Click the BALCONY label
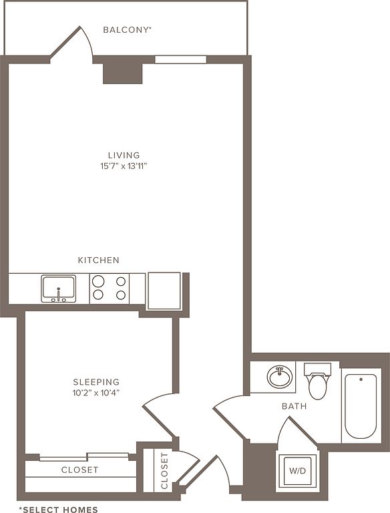[128, 30]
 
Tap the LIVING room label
[124, 155]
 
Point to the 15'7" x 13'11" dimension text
[124, 166]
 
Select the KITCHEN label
[98, 260]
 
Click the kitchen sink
[59, 289]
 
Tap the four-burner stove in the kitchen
[110, 289]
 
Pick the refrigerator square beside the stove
[164, 291]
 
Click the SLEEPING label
[96, 382]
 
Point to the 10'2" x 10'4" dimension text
[96, 393]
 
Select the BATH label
[295, 406]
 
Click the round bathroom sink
[280, 377]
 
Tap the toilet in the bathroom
[318, 381]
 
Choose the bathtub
[361, 406]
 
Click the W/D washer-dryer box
[297, 471]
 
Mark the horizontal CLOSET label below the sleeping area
[80, 470]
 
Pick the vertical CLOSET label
[164, 471]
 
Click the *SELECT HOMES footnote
[59, 509]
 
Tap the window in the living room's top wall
[180, 59]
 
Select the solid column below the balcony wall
[123, 73]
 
